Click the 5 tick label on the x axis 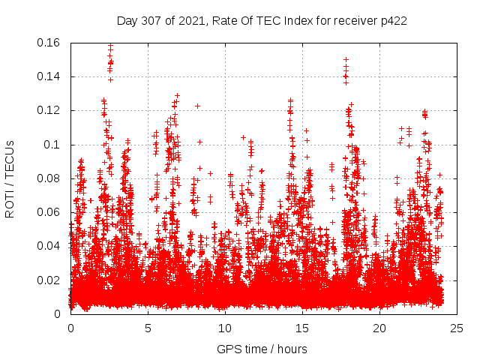tap(148, 328)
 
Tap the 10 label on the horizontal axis tap(225, 328)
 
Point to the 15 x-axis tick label tap(302, 328)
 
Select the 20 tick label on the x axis tap(379, 328)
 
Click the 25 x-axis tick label tap(457, 328)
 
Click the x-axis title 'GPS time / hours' tap(262, 349)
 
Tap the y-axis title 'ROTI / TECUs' tap(10, 178)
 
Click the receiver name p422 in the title tap(393, 21)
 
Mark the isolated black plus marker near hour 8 tap(197, 106)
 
